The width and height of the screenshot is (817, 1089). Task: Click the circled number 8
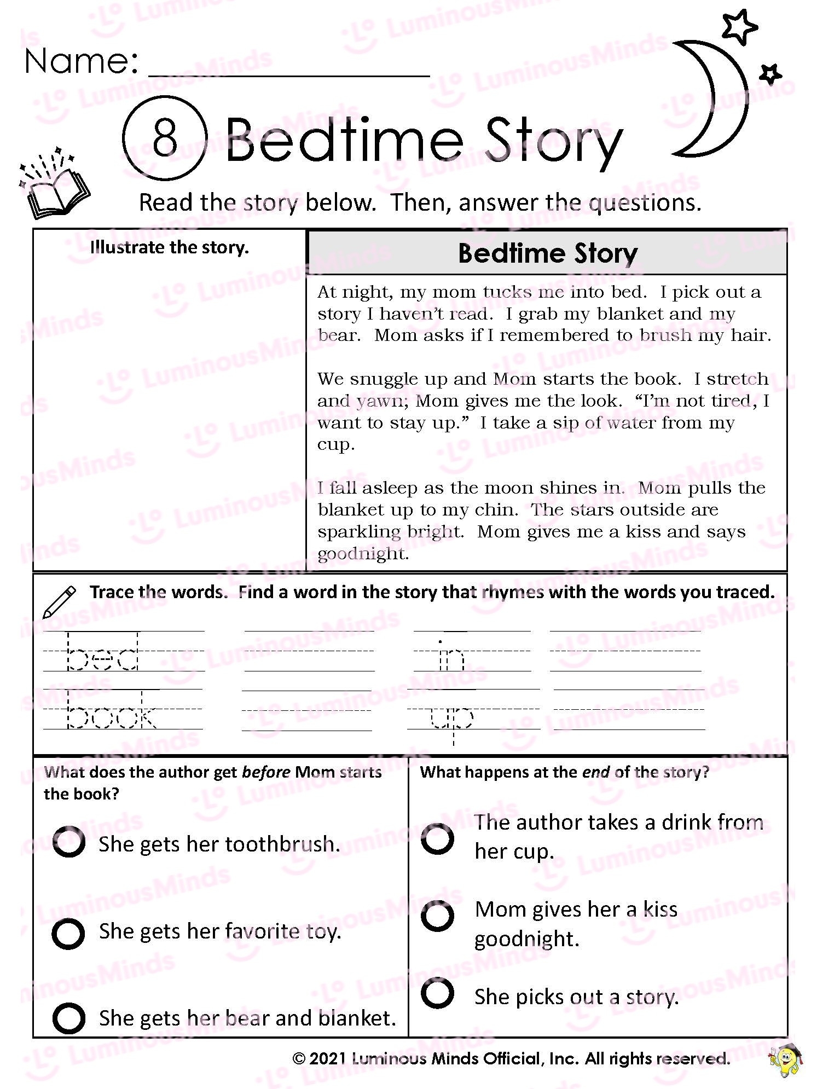pos(165,139)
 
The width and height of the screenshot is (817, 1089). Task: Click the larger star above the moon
pos(740,27)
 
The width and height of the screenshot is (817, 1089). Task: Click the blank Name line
pos(288,68)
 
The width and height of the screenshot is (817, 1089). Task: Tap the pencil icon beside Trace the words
pos(59,601)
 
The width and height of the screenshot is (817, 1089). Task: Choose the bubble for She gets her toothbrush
pos(69,842)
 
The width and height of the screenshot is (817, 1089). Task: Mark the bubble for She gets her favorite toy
pos(68,933)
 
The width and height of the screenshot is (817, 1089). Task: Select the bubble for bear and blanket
pos(69,1018)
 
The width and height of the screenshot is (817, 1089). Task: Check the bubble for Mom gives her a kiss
pos(437,916)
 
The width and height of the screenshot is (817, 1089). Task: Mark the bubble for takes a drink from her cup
pos(437,838)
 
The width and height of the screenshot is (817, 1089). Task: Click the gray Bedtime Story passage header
pos(547,253)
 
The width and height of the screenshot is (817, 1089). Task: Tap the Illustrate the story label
pos(170,247)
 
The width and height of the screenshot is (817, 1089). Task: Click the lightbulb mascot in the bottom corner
pos(787,1061)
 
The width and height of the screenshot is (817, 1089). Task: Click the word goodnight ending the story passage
pos(363,553)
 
